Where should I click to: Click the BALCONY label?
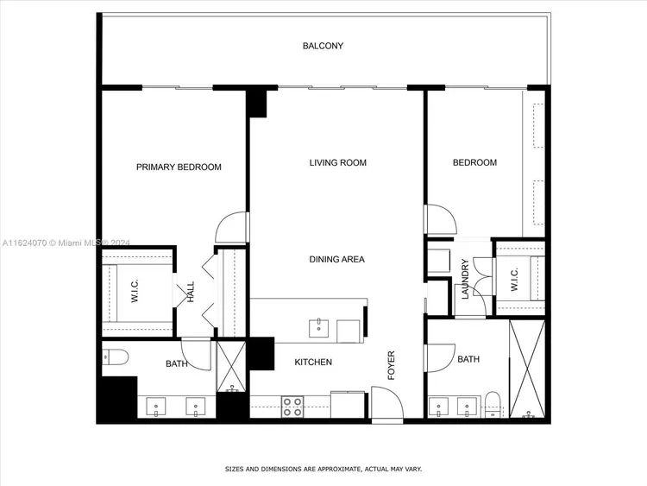pyautogui.click(x=323, y=46)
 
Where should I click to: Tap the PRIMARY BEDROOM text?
pyautogui.click(x=179, y=167)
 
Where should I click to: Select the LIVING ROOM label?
pyautogui.click(x=338, y=162)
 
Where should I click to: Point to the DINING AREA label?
pyautogui.click(x=336, y=259)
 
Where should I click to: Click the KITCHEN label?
pyautogui.click(x=313, y=362)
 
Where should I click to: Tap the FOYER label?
pyautogui.click(x=391, y=365)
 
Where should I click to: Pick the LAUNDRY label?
pyautogui.click(x=465, y=279)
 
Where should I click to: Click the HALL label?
pyautogui.click(x=191, y=292)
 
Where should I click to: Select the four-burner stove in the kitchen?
pyautogui.click(x=292, y=407)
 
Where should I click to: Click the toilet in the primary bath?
pyautogui.click(x=115, y=357)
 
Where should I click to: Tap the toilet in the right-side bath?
pyautogui.click(x=493, y=403)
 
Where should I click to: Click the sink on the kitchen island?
pyautogui.click(x=319, y=328)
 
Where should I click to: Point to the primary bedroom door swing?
pyautogui.click(x=230, y=227)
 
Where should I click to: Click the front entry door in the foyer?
pyautogui.click(x=387, y=402)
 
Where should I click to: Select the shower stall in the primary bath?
pyautogui.click(x=231, y=366)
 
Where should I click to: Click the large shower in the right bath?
pyautogui.click(x=527, y=369)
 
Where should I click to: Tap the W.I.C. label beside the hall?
pyautogui.click(x=135, y=291)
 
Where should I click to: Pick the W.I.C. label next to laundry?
pyautogui.click(x=514, y=280)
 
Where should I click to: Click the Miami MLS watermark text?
pyautogui.click(x=66, y=243)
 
